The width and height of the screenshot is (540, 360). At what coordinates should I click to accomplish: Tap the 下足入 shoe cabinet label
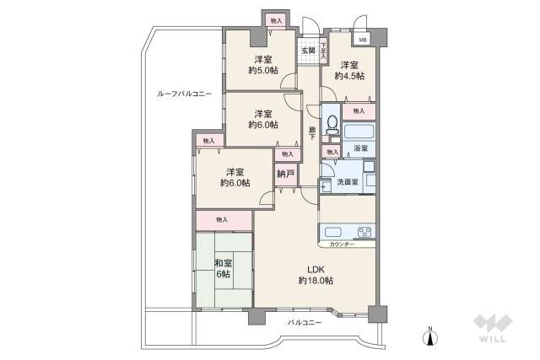pyautogui.click(x=322, y=51)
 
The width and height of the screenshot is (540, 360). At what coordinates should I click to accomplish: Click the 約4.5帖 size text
pyautogui.click(x=349, y=76)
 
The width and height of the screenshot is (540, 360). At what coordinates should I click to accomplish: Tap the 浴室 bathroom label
pyautogui.click(x=359, y=148)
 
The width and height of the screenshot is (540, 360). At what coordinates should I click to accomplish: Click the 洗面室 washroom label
pyautogui.click(x=348, y=181)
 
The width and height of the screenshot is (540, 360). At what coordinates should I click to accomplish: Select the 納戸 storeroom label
pyautogui.click(x=287, y=175)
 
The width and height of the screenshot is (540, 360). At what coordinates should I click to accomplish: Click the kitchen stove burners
pyautogui.click(x=364, y=232)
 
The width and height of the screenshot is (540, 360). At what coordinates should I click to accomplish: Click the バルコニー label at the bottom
pyautogui.click(x=304, y=323)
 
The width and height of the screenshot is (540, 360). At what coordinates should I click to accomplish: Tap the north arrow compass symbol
pyautogui.click(x=431, y=336)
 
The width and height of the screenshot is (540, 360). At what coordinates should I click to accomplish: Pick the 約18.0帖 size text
pyautogui.click(x=316, y=281)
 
